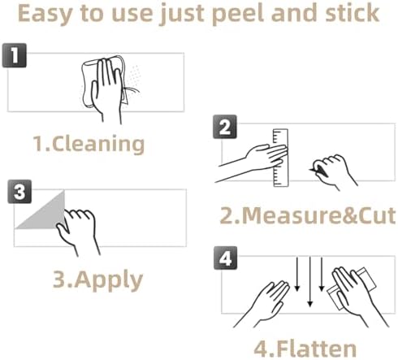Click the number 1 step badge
(x=15, y=55)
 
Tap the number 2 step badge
(x=225, y=127)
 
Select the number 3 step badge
(x=19, y=192)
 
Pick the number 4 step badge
(x=225, y=258)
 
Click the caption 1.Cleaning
(x=89, y=144)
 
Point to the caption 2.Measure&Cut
(x=308, y=215)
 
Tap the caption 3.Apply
(x=97, y=280)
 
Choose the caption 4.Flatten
(x=305, y=349)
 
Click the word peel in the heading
(x=238, y=14)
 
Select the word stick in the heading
(x=352, y=13)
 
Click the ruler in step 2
(x=280, y=158)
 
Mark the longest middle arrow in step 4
(x=310, y=282)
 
